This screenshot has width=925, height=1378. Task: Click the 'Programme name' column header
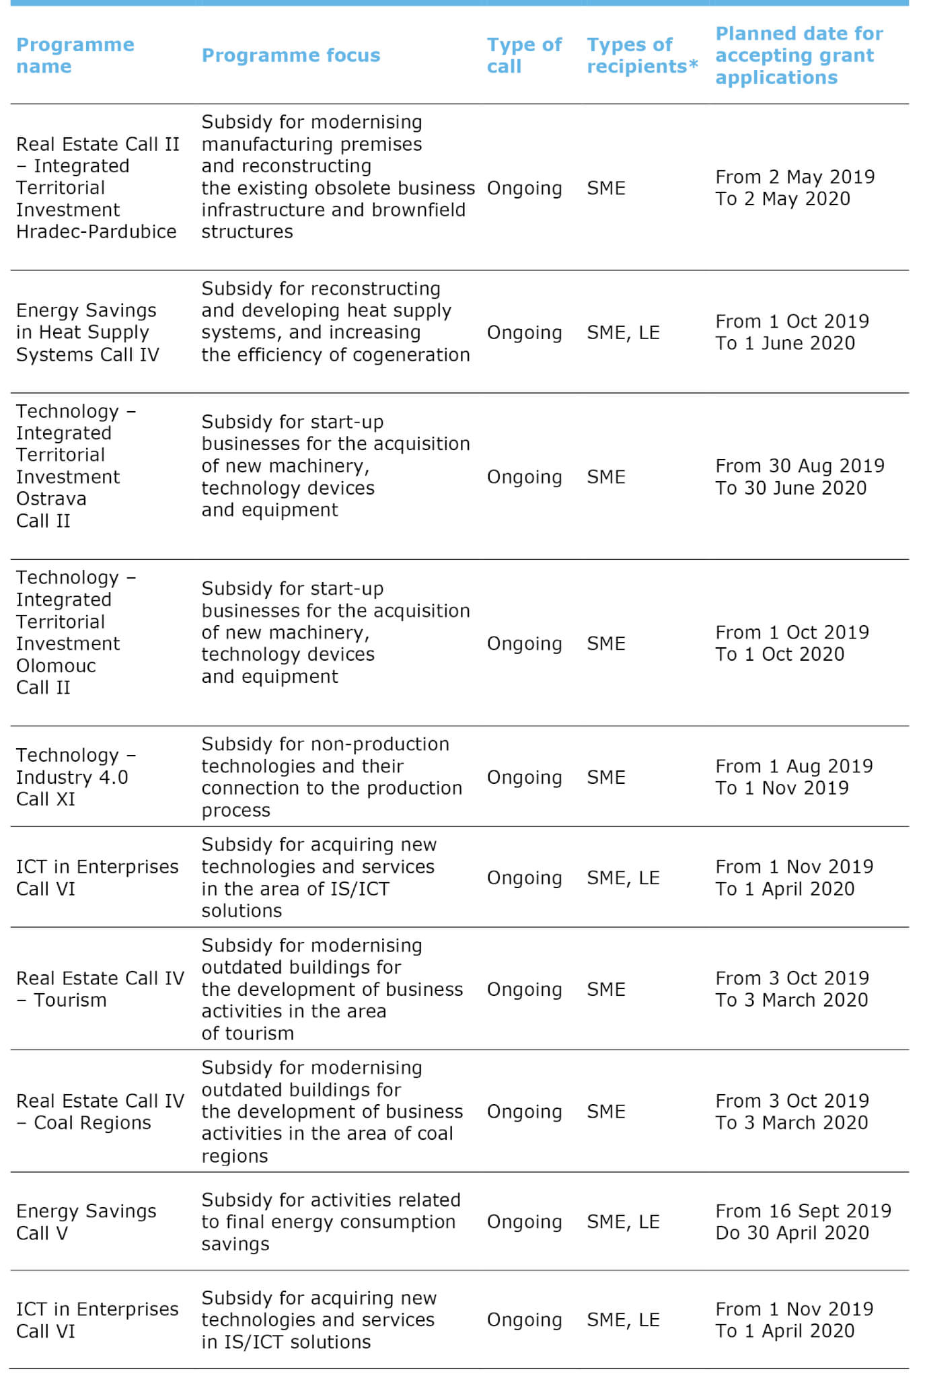click(x=75, y=55)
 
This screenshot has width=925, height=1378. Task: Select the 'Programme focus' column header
click(x=291, y=55)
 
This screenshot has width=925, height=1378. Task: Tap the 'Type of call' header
click(x=523, y=55)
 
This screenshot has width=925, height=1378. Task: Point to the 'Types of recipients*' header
click(x=642, y=55)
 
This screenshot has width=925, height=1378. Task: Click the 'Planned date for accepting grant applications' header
click(x=799, y=55)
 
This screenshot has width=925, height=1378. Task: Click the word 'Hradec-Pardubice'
click(x=96, y=231)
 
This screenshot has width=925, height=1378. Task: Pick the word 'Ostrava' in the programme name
click(x=51, y=499)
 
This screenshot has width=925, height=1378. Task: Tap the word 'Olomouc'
click(x=56, y=665)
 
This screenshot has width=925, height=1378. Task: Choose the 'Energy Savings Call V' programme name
click(x=85, y=1222)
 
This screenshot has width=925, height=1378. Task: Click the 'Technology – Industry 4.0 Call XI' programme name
click(x=75, y=777)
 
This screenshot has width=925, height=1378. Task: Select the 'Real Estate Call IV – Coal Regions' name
click(x=100, y=1112)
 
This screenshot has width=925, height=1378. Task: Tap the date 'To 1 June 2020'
click(x=785, y=343)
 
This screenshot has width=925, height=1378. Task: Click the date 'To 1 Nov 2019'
click(x=782, y=788)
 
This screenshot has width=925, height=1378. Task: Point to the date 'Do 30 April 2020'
click(x=792, y=1233)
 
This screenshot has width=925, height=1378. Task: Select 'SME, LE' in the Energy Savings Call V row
click(x=623, y=1222)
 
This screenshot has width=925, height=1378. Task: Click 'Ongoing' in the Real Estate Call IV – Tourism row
click(x=524, y=989)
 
